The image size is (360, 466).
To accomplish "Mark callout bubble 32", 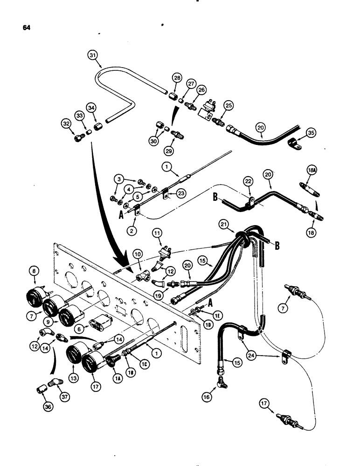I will (67, 124).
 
